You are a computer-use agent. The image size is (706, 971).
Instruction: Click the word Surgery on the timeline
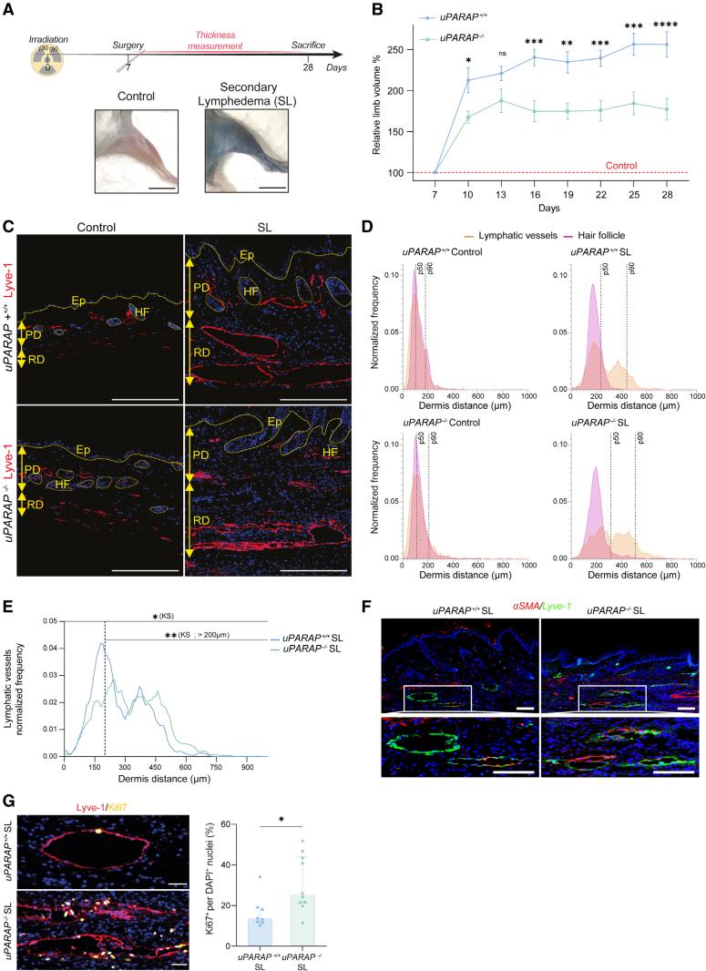coord(128,44)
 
